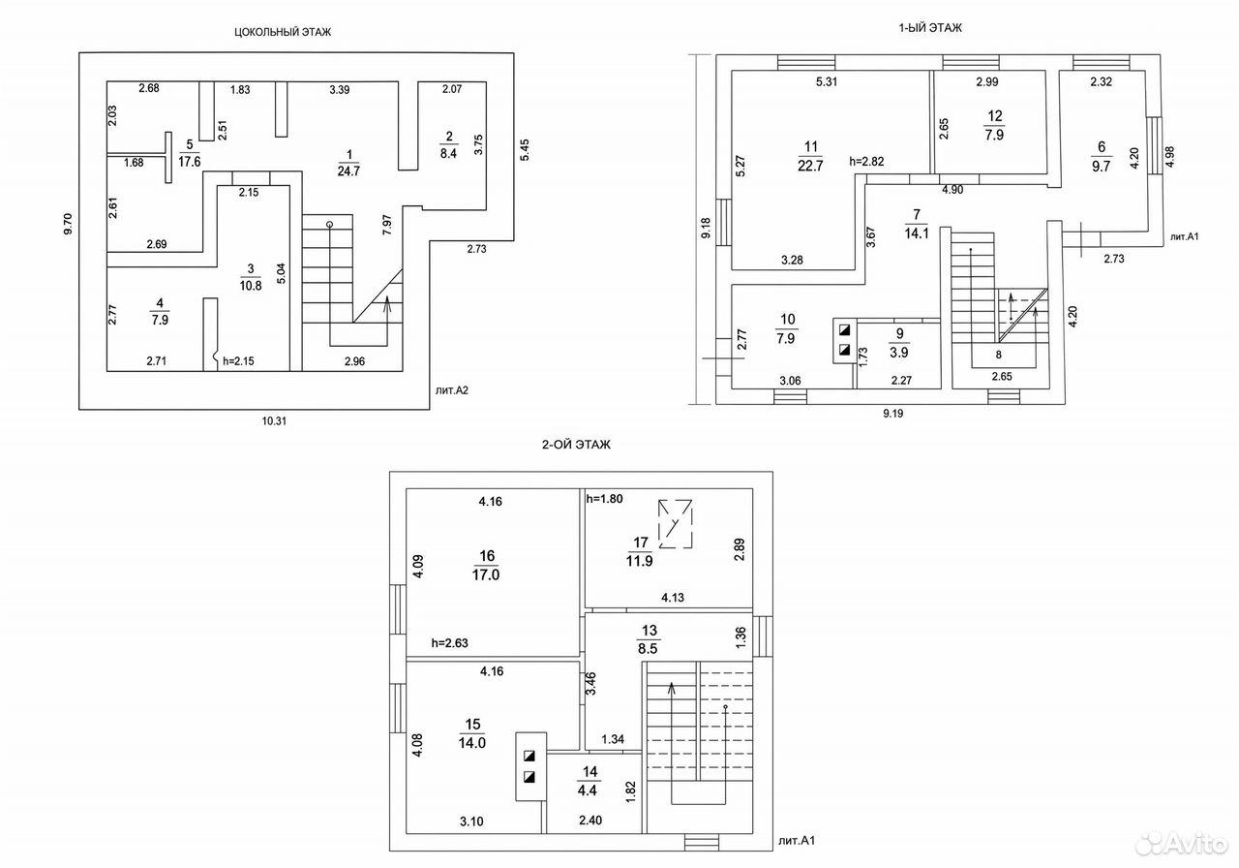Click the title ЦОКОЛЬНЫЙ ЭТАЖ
[283, 32]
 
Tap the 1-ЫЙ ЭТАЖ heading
[930, 28]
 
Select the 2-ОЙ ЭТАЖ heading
[576, 445]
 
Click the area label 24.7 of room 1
[348, 171]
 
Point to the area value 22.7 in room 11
[810, 166]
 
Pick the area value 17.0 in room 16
[486, 574]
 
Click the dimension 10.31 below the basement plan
[274, 421]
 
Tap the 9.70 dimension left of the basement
[68, 224]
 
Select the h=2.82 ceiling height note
[866, 162]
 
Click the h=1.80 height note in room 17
[605, 499]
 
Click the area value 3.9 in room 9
[899, 352]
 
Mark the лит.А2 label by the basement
[452, 390]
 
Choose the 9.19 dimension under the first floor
[892, 414]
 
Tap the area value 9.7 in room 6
[1101, 167]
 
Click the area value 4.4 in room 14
[587, 790]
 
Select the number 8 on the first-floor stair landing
[998, 355]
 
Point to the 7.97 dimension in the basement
[387, 225]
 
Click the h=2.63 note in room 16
[450, 643]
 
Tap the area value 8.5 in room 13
[648, 648]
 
